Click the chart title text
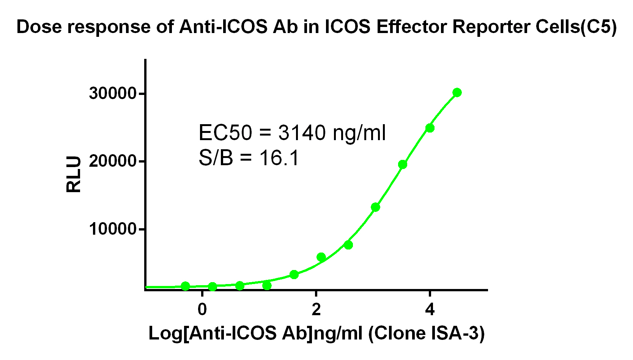tap(316, 27)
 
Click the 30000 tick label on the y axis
tap(113, 93)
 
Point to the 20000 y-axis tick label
tap(113, 161)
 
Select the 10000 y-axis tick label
tap(113, 229)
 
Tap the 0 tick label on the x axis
tap(202, 310)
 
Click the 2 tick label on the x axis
tap(316, 310)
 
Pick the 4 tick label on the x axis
tap(430, 310)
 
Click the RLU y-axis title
tap(74, 174)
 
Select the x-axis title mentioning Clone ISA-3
tap(316, 333)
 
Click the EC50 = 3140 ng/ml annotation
tap(292, 133)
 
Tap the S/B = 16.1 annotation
tap(249, 158)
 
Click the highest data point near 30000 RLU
tap(457, 93)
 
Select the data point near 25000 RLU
tap(430, 128)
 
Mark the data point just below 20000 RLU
tap(403, 164)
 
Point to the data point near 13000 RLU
tap(375, 207)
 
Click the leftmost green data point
tap(185, 286)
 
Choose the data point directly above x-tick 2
tap(321, 257)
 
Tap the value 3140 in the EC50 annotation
tap(302, 133)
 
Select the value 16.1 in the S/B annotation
tap(279, 158)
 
